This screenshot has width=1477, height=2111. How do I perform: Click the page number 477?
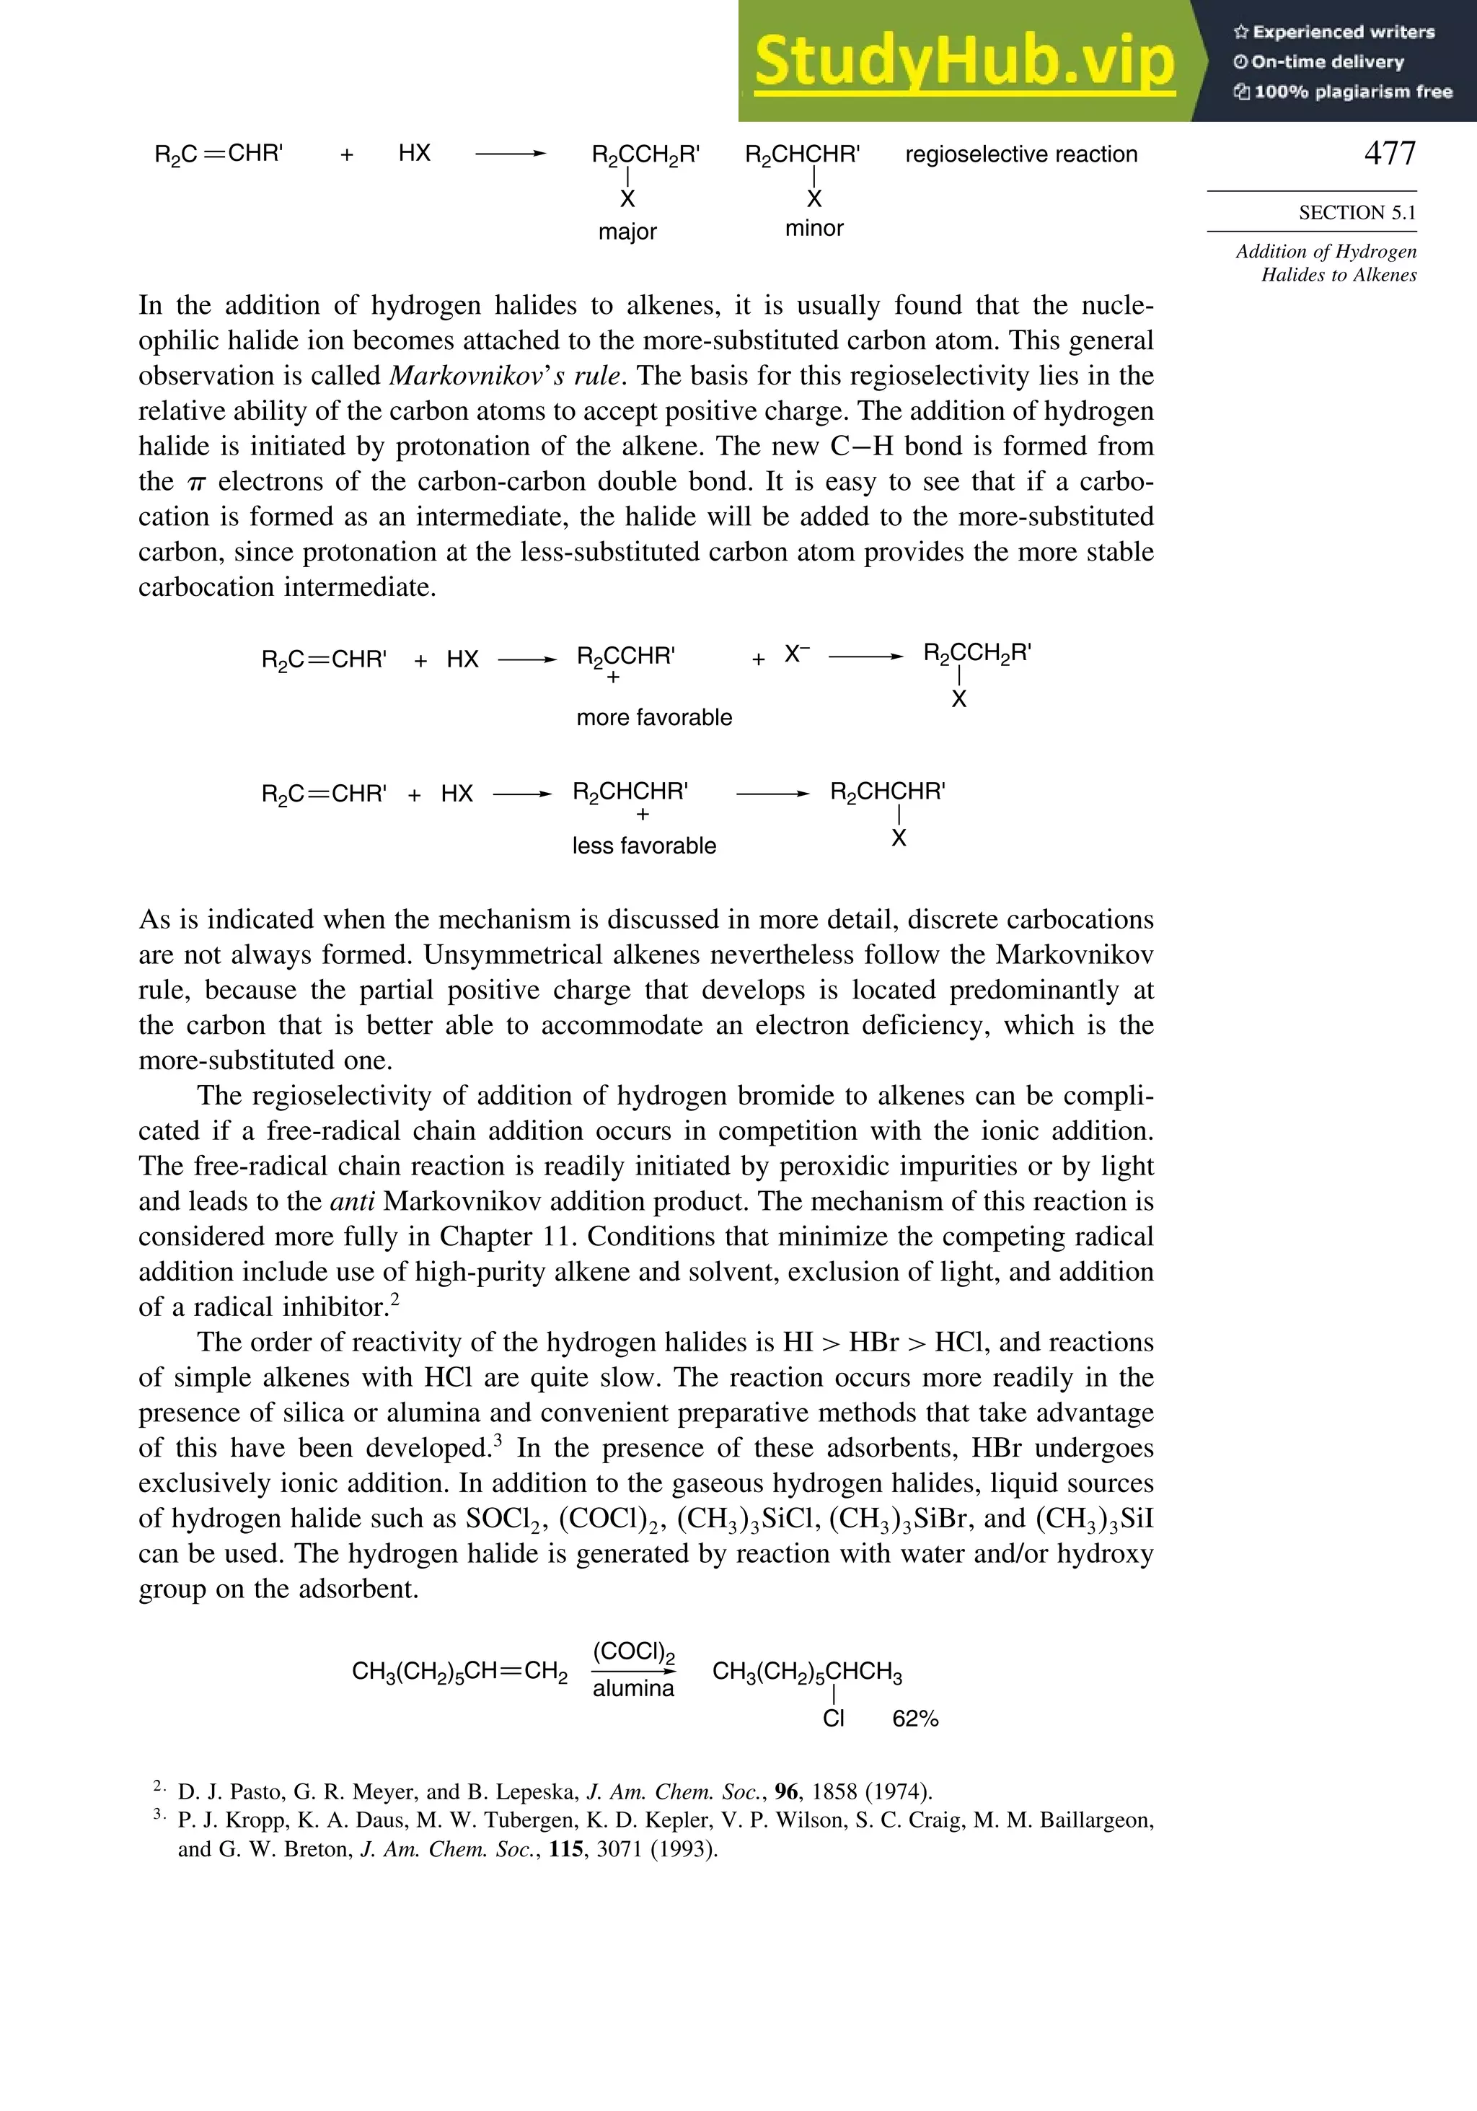(x=1390, y=153)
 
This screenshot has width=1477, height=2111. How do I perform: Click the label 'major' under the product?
(x=627, y=232)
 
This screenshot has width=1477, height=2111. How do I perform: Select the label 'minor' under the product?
(x=814, y=228)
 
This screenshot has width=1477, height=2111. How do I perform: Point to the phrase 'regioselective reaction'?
(x=1021, y=154)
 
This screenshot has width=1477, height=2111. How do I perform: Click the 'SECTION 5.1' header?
(x=1357, y=212)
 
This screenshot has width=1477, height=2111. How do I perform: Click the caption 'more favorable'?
(x=653, y=717)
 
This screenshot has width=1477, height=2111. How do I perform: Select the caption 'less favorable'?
(x=643, y=846)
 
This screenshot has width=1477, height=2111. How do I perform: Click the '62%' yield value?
(x=914, y=1719)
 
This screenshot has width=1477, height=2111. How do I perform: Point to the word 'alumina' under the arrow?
(x=633, y=1688)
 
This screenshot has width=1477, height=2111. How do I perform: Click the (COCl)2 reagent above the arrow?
(x=633, y=1652)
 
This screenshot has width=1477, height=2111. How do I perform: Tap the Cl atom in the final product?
(x=833, y=1719)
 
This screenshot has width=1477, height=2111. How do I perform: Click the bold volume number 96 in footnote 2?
(x=786, y=1791)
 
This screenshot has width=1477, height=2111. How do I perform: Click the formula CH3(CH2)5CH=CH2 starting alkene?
(x=459, y=1672)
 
